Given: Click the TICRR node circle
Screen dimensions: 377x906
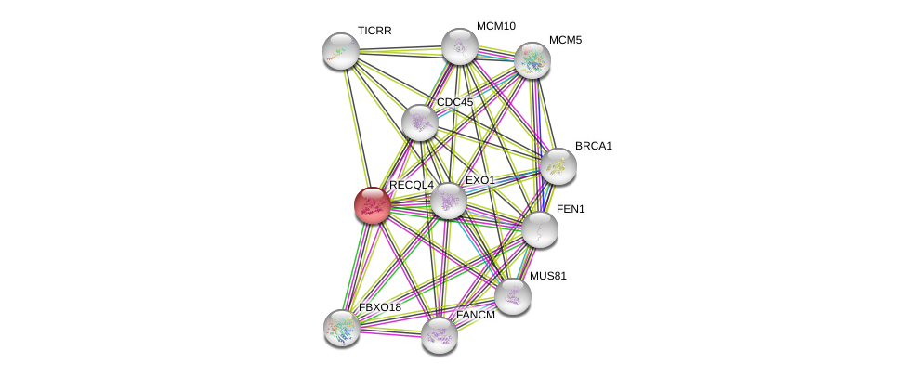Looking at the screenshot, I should (x=341, y=51).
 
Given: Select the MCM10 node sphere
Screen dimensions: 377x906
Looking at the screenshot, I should (x=459, y=46).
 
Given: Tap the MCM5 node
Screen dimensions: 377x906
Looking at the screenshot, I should (x=532, y=60).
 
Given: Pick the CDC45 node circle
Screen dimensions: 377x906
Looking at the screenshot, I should (x=420, y=123).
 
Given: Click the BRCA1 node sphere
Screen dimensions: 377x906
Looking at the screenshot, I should (x=558, y=166).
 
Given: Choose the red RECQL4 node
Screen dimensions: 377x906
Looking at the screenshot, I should (x=373, y=205).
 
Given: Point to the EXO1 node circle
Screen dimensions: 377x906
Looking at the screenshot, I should (x=448, y=201).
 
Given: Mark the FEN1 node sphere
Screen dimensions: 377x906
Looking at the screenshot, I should (x=539, y=229).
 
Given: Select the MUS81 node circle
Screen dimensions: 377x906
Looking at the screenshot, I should (x=512, y=296).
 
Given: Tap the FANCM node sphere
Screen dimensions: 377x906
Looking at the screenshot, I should (x=439, y=335).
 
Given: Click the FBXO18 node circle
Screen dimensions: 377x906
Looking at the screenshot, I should (x=342, y=328).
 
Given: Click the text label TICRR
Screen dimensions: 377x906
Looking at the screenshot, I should (x=374, y=31).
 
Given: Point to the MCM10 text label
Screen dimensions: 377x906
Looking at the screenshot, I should (x=496, y=26).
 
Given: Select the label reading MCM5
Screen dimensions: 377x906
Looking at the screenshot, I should (x=565, y=40).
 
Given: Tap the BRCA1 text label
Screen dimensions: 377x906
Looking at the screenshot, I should (x=593, y=146).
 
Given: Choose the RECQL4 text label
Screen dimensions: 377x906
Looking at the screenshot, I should (x=411, y=185).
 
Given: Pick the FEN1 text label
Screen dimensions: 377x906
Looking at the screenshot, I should (x=571, y=209).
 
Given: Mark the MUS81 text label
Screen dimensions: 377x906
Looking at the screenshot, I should (x=547, y=276).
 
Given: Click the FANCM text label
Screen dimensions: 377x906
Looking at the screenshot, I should (x=475, y=315).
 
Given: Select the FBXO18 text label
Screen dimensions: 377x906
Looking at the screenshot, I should (x=380, y=307).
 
